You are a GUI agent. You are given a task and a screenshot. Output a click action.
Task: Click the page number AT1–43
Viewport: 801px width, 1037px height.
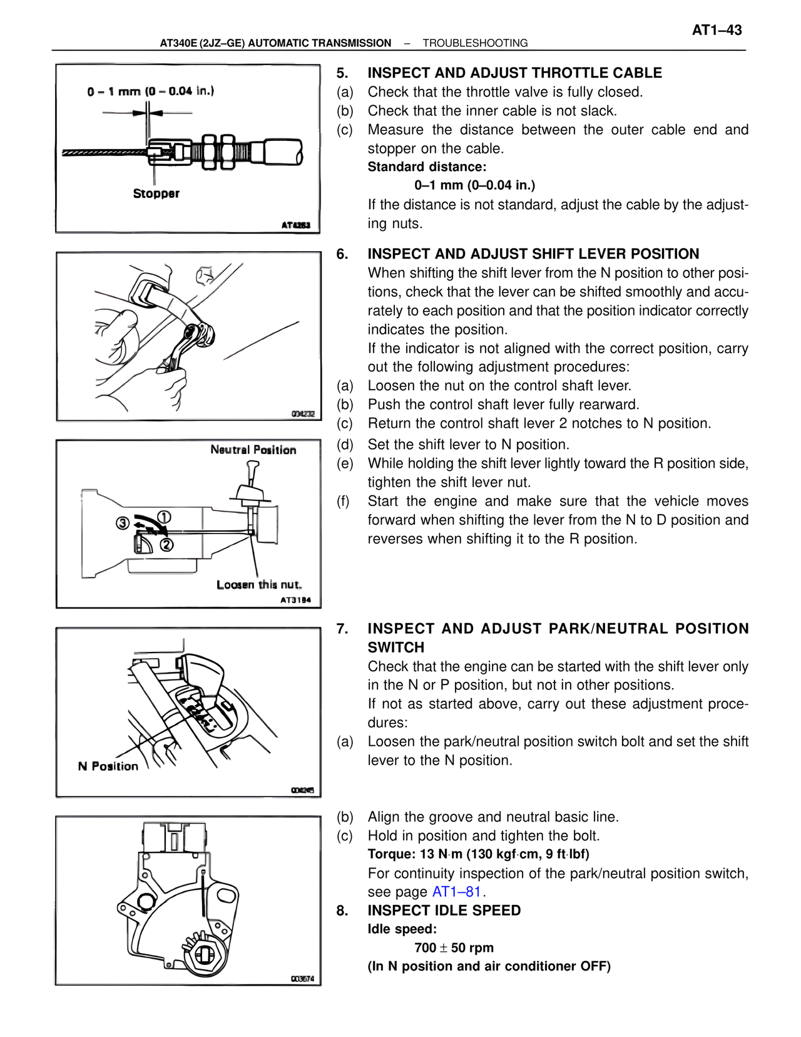pos(717,30)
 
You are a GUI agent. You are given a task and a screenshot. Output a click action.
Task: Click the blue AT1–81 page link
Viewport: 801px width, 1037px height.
pos(456,892)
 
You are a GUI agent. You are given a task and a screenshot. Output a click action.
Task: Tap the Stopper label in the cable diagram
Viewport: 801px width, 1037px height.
pos(156,193)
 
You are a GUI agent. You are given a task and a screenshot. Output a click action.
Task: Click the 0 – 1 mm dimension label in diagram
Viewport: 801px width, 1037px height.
pos(151,91)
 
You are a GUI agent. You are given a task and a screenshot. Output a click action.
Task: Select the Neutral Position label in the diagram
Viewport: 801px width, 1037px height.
pos(253,450)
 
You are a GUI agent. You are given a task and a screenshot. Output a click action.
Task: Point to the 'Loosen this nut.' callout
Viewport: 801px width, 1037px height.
pos(259,584)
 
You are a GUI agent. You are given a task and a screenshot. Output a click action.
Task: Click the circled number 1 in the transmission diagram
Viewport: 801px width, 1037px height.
pos(164,517)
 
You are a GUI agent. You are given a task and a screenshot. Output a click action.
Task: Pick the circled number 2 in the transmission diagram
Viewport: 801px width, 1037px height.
pos(166,544)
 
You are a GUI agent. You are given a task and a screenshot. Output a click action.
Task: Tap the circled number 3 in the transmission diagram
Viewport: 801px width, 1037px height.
pos(123,523)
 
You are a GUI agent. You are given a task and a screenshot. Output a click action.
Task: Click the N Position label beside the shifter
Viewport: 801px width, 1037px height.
pos(108,766)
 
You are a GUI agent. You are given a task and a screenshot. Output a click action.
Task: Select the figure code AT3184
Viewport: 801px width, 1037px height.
pos(295,600)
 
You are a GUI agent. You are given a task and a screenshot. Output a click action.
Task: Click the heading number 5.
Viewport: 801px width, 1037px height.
pos(342,73)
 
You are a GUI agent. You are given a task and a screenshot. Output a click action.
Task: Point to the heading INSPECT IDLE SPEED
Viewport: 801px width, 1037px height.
pos(444,911)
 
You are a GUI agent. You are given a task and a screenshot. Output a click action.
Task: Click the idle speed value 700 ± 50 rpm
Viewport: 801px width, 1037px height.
pos(454,947)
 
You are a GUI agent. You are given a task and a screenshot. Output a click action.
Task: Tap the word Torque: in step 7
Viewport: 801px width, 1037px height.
pos(391,854)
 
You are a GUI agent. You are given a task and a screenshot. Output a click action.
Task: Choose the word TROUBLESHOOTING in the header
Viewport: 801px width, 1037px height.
pos(475,43)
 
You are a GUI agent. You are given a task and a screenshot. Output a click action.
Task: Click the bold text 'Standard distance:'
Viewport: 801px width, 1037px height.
pos(427,167)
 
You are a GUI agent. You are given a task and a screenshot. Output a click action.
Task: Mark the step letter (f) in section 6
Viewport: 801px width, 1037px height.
pos(344,501)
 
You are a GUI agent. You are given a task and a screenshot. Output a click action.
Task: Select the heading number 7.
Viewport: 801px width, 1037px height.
pos(342,629)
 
